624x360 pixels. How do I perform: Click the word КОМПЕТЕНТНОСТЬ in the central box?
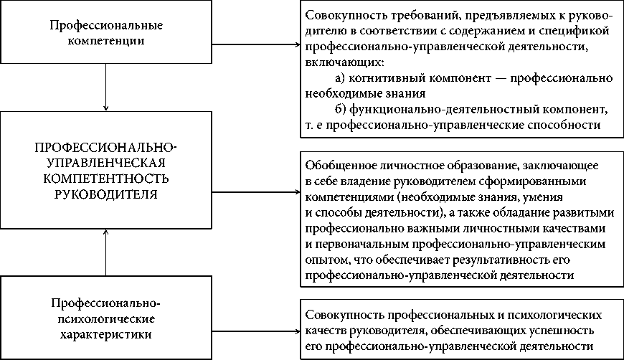coord(105,178)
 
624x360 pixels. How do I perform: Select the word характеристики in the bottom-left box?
coord(105,334)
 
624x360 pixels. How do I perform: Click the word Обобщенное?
coord(337,165)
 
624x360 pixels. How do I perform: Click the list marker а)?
coord(341,77)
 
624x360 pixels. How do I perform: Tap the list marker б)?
coord(341,109)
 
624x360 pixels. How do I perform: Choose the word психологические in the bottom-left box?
coord(105,318)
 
